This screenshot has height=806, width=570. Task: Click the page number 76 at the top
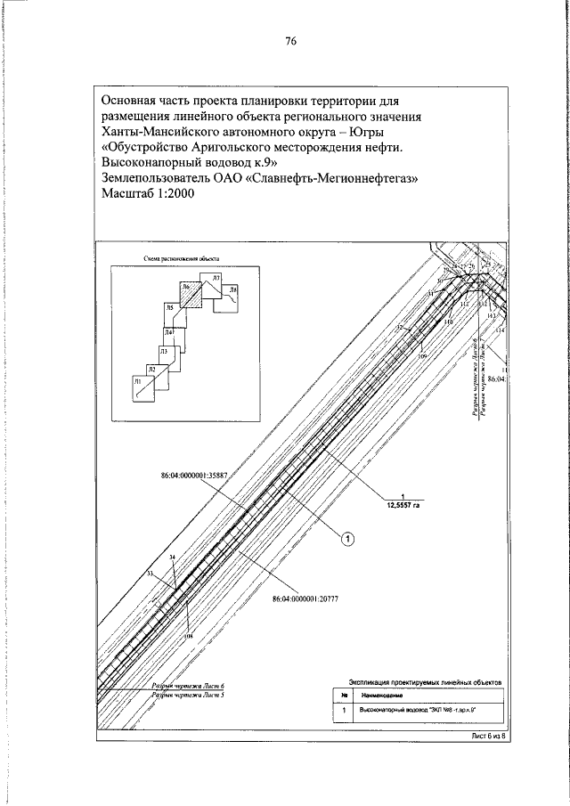(290, 41)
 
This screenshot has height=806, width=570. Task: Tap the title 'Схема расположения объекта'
(181, 259)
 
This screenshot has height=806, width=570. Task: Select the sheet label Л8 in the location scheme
(232, 291)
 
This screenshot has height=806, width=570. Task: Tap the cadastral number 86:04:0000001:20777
(310, 600)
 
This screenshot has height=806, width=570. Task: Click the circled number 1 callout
(349, 538)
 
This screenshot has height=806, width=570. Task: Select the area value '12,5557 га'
(403, 505)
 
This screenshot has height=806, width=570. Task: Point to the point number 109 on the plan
(422, 355)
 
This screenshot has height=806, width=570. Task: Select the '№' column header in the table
(343, 695)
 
